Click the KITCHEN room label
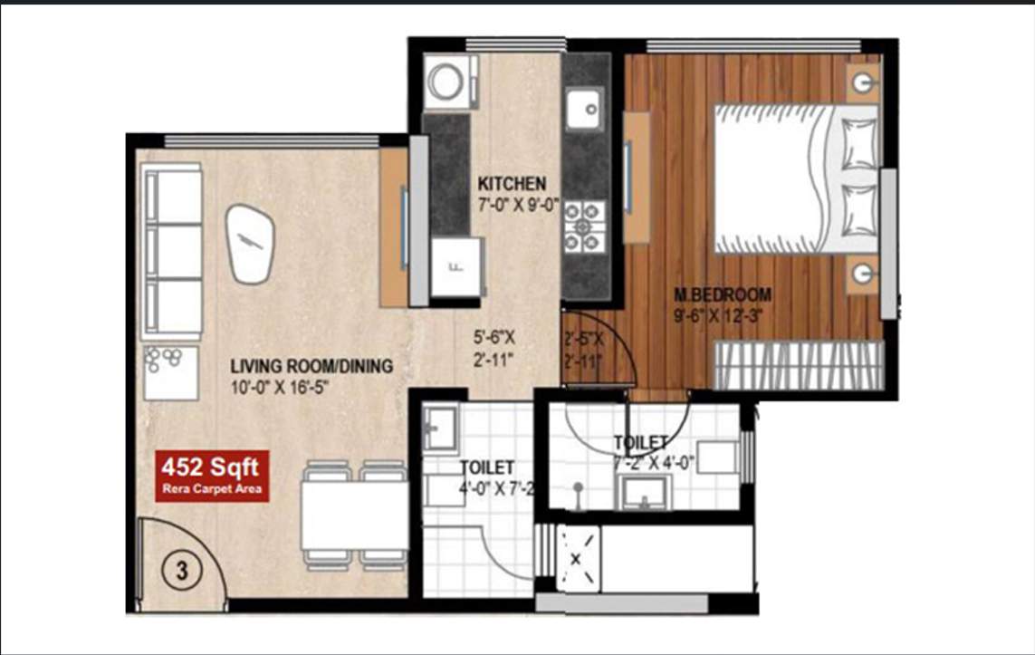pyautogui.click(x=512, y=182)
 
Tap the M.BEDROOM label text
pyautogui.click(x=722, y=294)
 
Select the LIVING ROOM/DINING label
pyautogui.click(x=311, y=367)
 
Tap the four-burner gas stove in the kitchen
pyautogui.click(x=584, y=226)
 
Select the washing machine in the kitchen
pyautogui.click(x=446, y=82)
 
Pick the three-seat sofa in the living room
pyautogui.click(x=172, y=252)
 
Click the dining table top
pyautogui.click(x=354, y=515)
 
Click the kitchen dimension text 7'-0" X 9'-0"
pyautogui.click(x=512, y=204)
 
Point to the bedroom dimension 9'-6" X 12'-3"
pyautogui.click(x=722, y=316)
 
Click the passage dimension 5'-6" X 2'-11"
pyautogui.click(x=494, y=350)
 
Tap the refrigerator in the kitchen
pyautogui.click(x=455, y=266)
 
